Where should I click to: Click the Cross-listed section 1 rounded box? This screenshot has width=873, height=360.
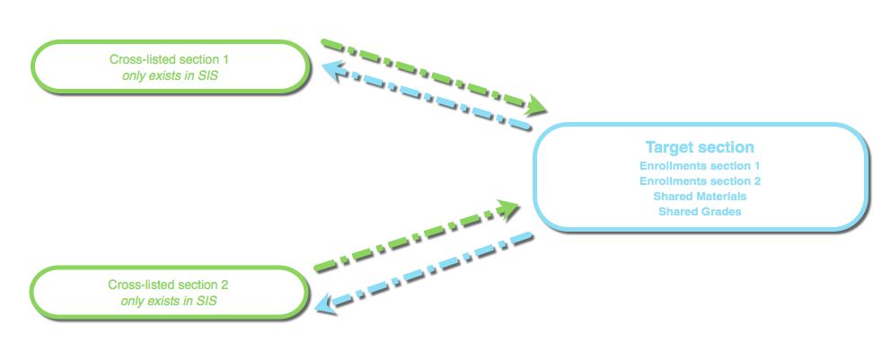coord(170,66)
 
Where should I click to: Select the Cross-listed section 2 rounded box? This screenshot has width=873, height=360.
coord(168,291)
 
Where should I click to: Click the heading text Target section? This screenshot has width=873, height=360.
coord(700,147)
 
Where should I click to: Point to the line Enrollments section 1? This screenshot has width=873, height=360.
coord(700,166)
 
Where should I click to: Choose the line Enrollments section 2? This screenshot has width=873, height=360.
coord(700,181)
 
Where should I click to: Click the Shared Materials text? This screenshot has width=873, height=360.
coord(700,197)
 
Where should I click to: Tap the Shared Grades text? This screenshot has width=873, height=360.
coord(700,212)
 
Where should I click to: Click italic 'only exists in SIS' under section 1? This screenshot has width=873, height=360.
coord(170,76)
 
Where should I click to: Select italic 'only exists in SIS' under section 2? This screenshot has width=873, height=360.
coord(168,302)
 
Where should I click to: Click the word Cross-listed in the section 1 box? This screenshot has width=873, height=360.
coord(138,59)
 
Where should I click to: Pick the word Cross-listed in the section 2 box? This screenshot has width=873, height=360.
coord(137,285)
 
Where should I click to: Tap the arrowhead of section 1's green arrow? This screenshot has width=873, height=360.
coord(536,106)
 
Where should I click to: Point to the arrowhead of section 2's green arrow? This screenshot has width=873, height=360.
coord(510,209)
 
